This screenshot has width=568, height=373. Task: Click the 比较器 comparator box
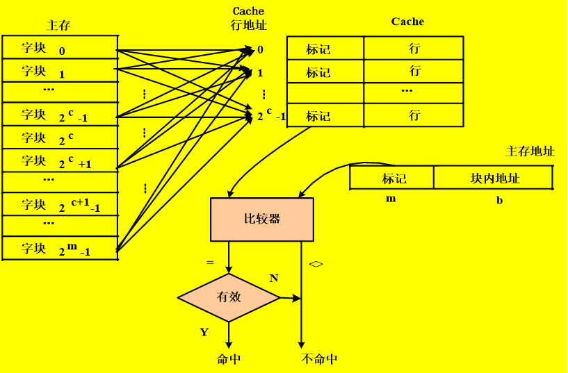(x=262, y=219)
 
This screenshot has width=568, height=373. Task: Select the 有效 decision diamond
(x=229, y=297)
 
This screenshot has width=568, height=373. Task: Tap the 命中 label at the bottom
(x=229, y=359)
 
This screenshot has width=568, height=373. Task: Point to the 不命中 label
(x=320, y=359)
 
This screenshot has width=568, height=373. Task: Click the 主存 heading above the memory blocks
(x=58, y=26)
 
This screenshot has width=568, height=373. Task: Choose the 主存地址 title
(x=530, y=151)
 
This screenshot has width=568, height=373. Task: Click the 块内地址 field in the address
(x=494, y=179)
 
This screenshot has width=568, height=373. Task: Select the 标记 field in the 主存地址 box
(x=393, y=179)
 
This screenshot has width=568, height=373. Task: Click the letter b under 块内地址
(x=499, y=200)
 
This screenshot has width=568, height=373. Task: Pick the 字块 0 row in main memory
(x=59, y=49)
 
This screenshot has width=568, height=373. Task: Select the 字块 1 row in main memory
(x=59, y=71)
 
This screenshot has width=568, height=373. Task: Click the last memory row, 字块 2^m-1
(x=59, y=248)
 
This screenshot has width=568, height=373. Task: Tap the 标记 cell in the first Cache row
(x=318, y=49)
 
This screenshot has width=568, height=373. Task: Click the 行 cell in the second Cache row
(x=415, y=71)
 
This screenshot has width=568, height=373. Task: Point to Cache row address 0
(x=261, y=50)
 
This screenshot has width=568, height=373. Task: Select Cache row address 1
(x=261, y=72)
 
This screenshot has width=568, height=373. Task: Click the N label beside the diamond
(x=274, y=279)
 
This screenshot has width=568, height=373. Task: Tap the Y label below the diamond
(x=204, y=332)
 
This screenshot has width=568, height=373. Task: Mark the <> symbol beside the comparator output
(x=316, y=264)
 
